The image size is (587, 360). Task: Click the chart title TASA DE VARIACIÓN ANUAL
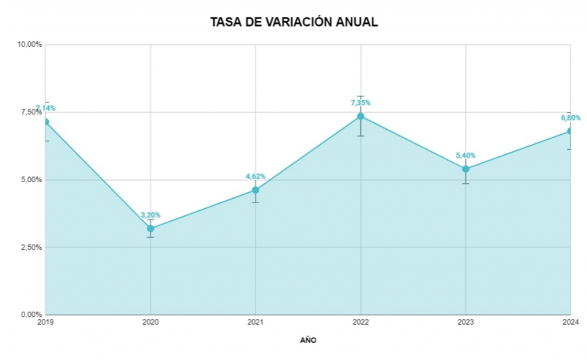[x=294, y=22]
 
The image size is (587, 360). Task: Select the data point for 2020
[x=151, y=228]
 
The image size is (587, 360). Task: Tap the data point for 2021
[x=256, y=190]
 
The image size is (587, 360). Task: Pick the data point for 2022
[x=361, y=116]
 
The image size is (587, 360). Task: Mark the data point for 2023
[x=466, y=169]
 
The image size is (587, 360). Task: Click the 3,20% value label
[x=151, y=215]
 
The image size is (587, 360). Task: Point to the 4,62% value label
[x=256, y=176]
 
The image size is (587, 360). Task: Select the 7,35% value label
[x=361, y=102]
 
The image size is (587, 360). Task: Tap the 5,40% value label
[x=466, y=156]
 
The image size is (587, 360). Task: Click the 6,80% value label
[x=570, y=117]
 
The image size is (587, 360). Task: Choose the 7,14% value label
[x=45, y=108]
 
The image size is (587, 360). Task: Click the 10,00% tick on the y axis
[x=30, y=45]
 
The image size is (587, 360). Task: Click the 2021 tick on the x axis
[x=256, y=323]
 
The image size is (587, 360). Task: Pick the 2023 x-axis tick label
[x=466, y=323]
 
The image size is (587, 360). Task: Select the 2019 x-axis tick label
[x=45, y=323]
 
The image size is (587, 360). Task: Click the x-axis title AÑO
[x=308, y=340]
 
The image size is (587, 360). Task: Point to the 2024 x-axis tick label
[x=570, y=323]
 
